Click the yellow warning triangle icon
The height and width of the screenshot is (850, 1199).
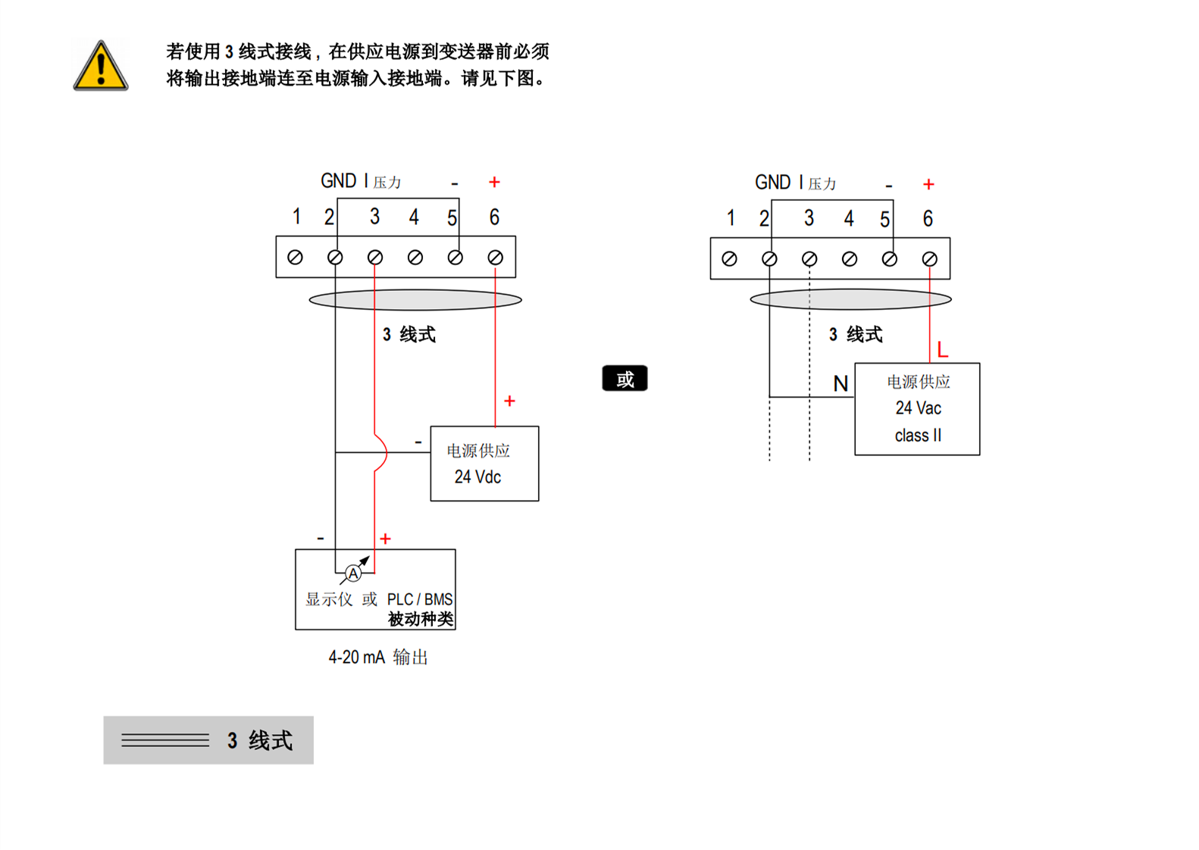click(x=101, y=67)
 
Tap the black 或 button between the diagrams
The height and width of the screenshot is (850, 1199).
click(x=625, y=378)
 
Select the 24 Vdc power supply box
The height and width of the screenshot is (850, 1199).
click(x=484, y=463)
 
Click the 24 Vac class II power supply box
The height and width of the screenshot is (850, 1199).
click(x=917, y=409)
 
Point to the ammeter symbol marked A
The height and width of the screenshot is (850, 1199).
click(x=353, y=573)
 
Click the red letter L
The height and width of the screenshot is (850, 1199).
click(x=942, y=350)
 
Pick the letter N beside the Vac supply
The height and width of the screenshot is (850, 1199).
click(x=841, y=384)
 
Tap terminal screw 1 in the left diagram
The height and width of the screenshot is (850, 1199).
click(x=296, y=258)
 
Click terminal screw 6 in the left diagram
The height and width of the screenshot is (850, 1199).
click(x=495, y=258)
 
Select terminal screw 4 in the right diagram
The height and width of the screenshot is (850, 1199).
click(x=850, y=259)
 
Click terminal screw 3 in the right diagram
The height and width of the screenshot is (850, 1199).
click(x=809, y=259)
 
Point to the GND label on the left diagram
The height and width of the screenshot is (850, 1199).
click(x=338, y=181)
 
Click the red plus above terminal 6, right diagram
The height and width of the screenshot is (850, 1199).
click(x=928, y=184)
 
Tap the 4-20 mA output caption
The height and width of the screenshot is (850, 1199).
click(x=377, y=657)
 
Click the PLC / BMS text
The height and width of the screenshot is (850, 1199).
click(x=420, y=599)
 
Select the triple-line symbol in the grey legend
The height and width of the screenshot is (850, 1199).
click(x=165, y=740)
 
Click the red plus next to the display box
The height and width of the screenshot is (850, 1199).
click(x=385, y=539)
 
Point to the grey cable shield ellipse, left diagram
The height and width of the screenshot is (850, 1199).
click(x=415, y=300)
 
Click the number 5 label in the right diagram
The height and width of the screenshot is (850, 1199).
click(x=884, y=220)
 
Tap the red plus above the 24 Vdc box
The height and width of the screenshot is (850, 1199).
click(x=509, y=401)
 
